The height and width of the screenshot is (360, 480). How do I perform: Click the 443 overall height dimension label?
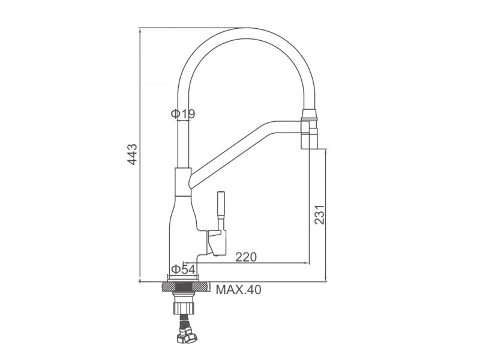click(133, 154)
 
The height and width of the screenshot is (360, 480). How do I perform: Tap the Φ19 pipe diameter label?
click(183, 114)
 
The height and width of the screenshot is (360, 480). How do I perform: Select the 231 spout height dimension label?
click(320, 214)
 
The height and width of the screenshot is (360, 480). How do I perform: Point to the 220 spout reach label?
click(246, 257)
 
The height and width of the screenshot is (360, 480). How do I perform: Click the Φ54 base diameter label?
click(183, 269)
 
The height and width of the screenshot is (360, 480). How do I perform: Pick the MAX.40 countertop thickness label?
click(238, 290)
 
